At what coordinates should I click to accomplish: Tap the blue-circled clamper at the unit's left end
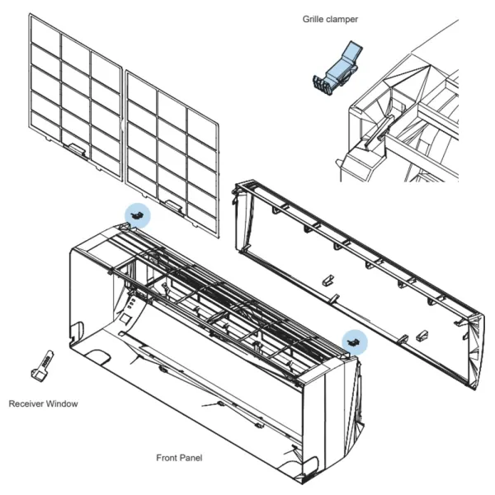coord(138,214)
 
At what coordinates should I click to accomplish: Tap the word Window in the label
coord(63,403)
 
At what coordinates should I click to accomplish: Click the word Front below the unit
coord(167,456)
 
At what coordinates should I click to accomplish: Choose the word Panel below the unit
coord(191,456)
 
